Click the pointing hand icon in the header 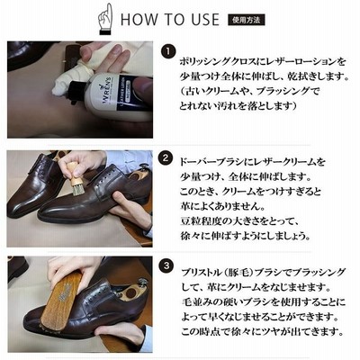105,19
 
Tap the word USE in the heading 205,20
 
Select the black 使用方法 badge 246,20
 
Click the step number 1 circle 167,51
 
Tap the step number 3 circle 166,265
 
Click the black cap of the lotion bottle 78,91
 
